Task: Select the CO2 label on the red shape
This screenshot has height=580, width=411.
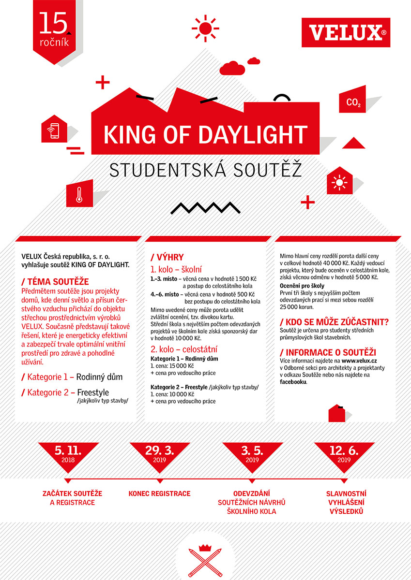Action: coord(353,102)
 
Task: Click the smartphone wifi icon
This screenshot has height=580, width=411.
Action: coord(53,130)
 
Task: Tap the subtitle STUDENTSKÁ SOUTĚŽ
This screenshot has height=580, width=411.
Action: coord(205,170)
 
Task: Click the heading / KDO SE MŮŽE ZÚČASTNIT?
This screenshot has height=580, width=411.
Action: coord(335,321)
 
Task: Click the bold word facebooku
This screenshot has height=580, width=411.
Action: coord(293,381)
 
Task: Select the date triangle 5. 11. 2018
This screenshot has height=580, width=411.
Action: coord(68,454)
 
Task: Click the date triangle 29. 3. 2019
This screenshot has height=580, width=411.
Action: coord(159,454)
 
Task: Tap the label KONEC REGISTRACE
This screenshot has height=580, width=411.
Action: coord(159,493)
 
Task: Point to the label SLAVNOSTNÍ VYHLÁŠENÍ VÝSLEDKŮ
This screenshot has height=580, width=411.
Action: coord(345,502)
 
